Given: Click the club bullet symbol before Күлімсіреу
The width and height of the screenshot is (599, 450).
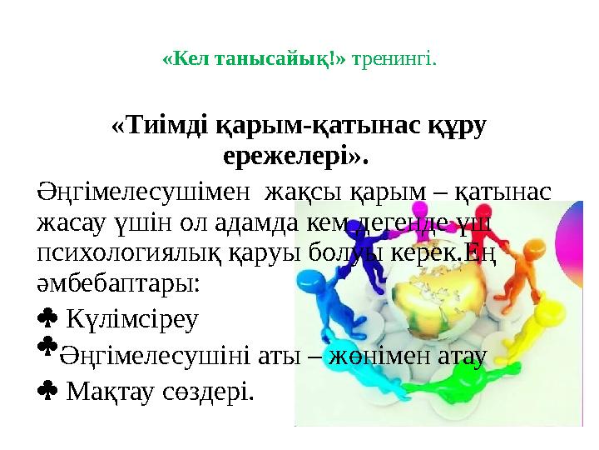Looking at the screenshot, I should point(47,317).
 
